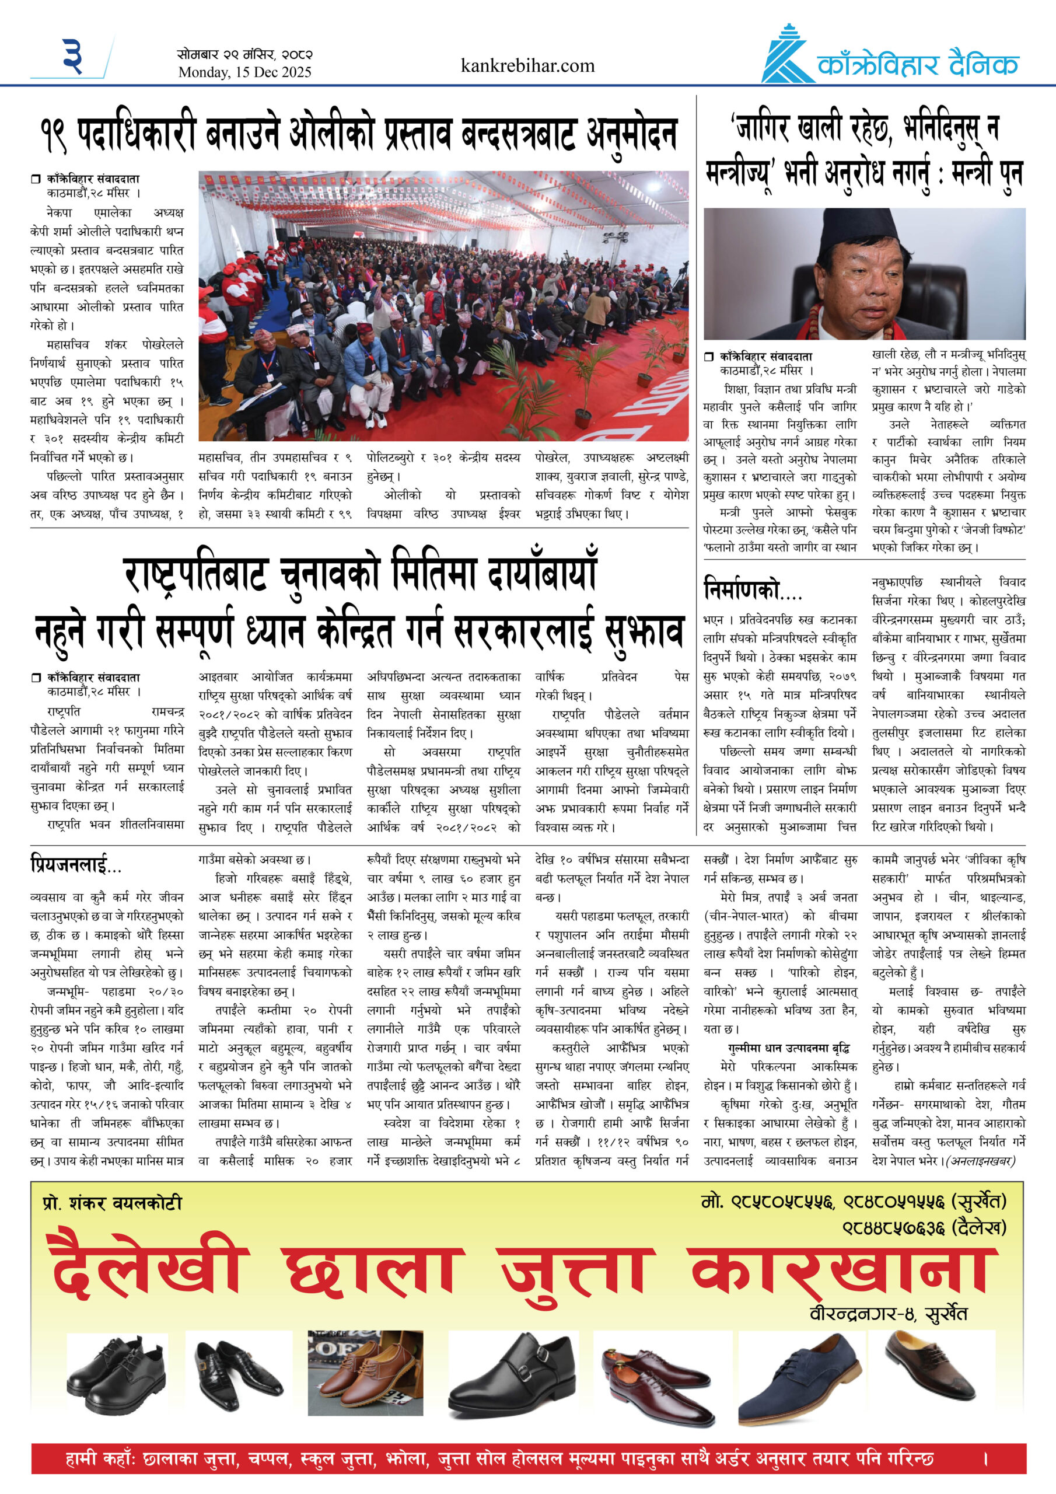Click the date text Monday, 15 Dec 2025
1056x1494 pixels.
tap(244, 72)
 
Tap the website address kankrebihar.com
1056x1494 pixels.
tap(527, 66)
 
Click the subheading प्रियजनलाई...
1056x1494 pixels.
tap(76, 864)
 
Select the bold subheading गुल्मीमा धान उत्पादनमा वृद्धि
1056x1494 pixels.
tap(789, 1048)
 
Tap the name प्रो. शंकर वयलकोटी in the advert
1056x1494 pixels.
tap(112, 1203)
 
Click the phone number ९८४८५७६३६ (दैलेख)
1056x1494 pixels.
tap(924, 1228)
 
